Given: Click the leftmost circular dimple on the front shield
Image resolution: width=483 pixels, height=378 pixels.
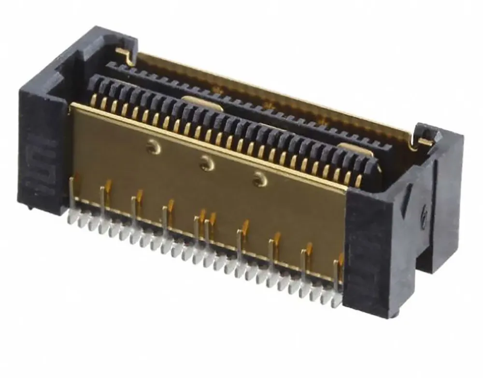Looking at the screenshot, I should [154, 145].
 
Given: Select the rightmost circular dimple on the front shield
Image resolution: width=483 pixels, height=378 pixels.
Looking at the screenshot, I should [260, 181].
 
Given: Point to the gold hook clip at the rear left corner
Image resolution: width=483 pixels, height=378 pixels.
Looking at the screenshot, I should [125, 55].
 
